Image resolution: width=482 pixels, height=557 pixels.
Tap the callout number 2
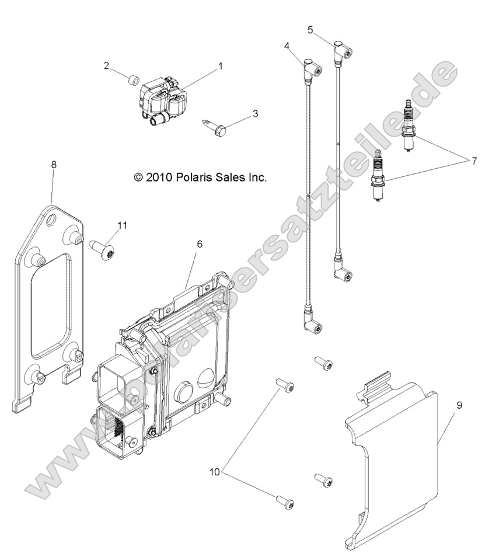[x=107, y=66]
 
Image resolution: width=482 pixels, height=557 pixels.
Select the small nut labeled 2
[x=132, y=80]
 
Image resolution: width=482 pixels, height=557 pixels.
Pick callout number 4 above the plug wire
[x=287, y=46]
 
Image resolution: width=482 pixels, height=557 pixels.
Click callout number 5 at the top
[x=310, y=29]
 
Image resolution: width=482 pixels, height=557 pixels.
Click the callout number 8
[x=54, y=165]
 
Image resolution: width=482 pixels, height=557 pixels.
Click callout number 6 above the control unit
[x=199, y=244]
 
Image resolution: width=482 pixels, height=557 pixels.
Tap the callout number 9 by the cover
[x=459, y=405]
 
